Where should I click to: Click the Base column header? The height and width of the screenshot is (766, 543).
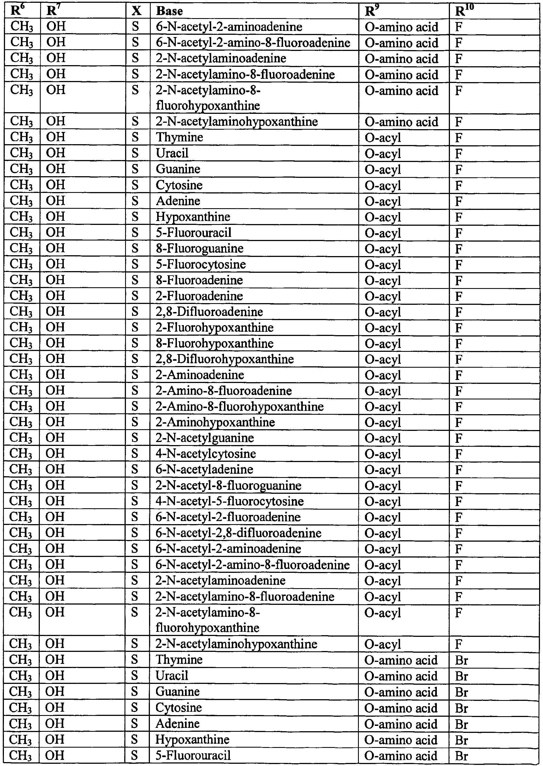point(169,11)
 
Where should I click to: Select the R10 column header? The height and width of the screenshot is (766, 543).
point(464,11)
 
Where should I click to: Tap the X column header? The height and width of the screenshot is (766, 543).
point(136,11)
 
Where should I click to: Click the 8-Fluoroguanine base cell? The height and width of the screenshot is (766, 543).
point(199,249)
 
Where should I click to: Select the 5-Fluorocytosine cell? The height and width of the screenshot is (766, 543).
point(201,264)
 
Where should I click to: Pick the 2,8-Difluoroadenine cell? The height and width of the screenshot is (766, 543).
point(209,312)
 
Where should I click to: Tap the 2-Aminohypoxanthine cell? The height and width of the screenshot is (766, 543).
point(215,422)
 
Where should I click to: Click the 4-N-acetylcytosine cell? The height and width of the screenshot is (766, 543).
point(206,454)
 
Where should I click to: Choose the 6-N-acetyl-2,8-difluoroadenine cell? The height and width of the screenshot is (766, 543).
point(238,533)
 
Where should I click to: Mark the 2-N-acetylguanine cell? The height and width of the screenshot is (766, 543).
point(204,438)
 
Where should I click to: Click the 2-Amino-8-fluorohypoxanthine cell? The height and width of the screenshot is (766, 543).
point(239,407)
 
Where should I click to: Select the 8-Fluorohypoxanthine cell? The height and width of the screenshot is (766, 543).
point(214,343)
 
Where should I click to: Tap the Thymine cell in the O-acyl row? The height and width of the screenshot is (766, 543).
point(179,137)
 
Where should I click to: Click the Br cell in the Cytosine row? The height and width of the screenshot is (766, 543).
point(461,707)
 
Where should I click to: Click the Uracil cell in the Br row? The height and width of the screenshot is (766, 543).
point(172,676)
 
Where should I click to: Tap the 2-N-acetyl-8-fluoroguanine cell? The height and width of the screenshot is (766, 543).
point(228,485)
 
